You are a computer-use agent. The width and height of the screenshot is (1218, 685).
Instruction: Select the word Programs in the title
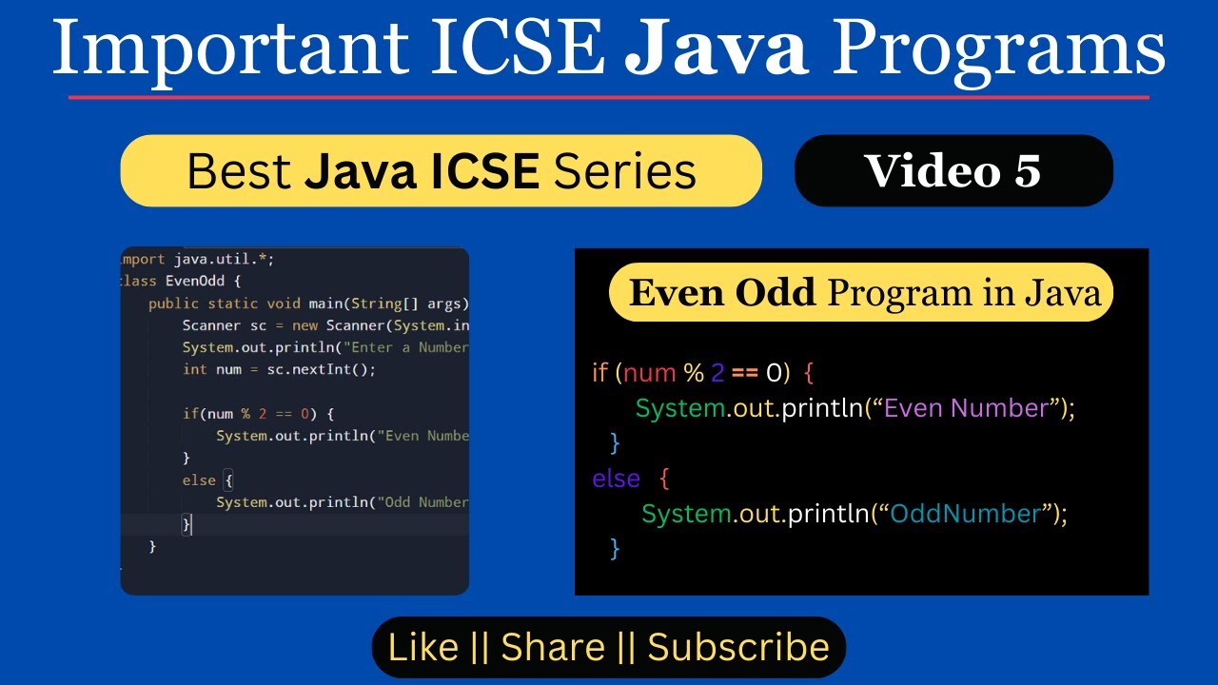1002,49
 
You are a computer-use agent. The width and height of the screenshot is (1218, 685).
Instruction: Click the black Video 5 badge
953,170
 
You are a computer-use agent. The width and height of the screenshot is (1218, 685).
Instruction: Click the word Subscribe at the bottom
738,647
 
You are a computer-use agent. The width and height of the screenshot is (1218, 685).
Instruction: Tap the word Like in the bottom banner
423,647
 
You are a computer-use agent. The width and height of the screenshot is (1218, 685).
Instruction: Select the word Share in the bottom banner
553,647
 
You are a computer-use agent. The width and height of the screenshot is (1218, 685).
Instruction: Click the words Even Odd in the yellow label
722,293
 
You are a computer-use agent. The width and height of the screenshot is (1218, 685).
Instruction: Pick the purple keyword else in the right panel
616,478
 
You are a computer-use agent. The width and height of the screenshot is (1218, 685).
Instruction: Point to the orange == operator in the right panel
745,372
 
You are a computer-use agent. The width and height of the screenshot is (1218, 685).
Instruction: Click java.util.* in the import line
224,259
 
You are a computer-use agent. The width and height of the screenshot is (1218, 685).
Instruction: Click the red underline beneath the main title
609,97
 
